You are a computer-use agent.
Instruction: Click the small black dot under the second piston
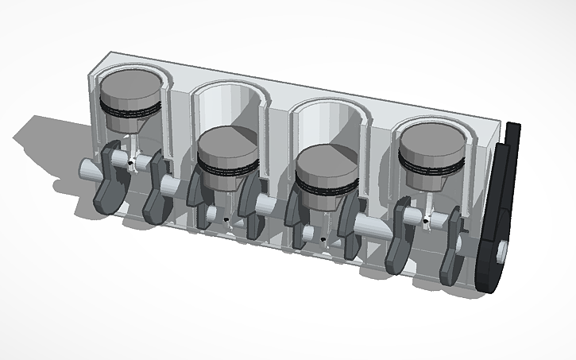click(x=227, y=220)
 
